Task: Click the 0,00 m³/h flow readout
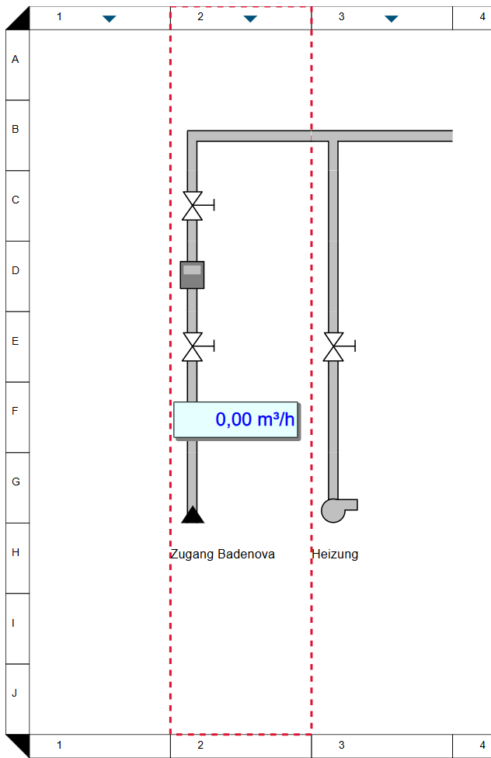point(235,419)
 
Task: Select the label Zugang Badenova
point(222,555)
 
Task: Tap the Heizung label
point(335,555)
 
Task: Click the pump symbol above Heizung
point(336,509)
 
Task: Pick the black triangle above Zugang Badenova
point(192,515)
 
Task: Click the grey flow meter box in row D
point(192,275)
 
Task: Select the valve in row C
point(193,206)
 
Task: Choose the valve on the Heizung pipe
point(334,346)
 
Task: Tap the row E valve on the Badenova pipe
point(193,346)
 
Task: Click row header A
point(16,59)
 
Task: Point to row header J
point(16,694)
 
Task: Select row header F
point(16,412)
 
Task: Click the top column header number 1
point(59,16)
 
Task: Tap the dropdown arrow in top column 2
point(250,19)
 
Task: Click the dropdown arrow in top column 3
point(392,19)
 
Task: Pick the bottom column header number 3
point(341,746)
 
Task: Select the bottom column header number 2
point(200,746)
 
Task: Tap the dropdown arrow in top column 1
point(109,19)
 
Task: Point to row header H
point(16,553)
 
